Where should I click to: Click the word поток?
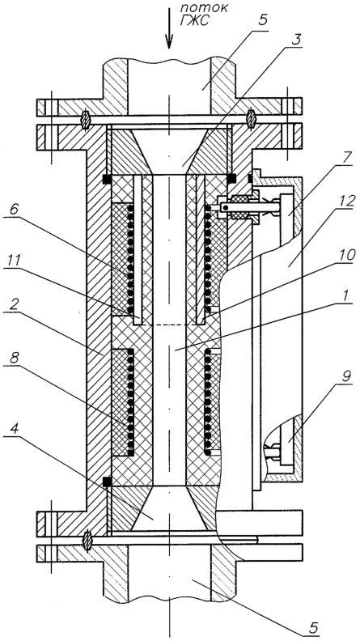[x=204, y=8]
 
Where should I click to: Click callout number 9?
[x=346, y=377]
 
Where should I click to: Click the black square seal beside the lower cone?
[x=107, y=482]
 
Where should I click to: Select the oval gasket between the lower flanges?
[x=87, y=541]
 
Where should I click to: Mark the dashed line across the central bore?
[x=169, y=325]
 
